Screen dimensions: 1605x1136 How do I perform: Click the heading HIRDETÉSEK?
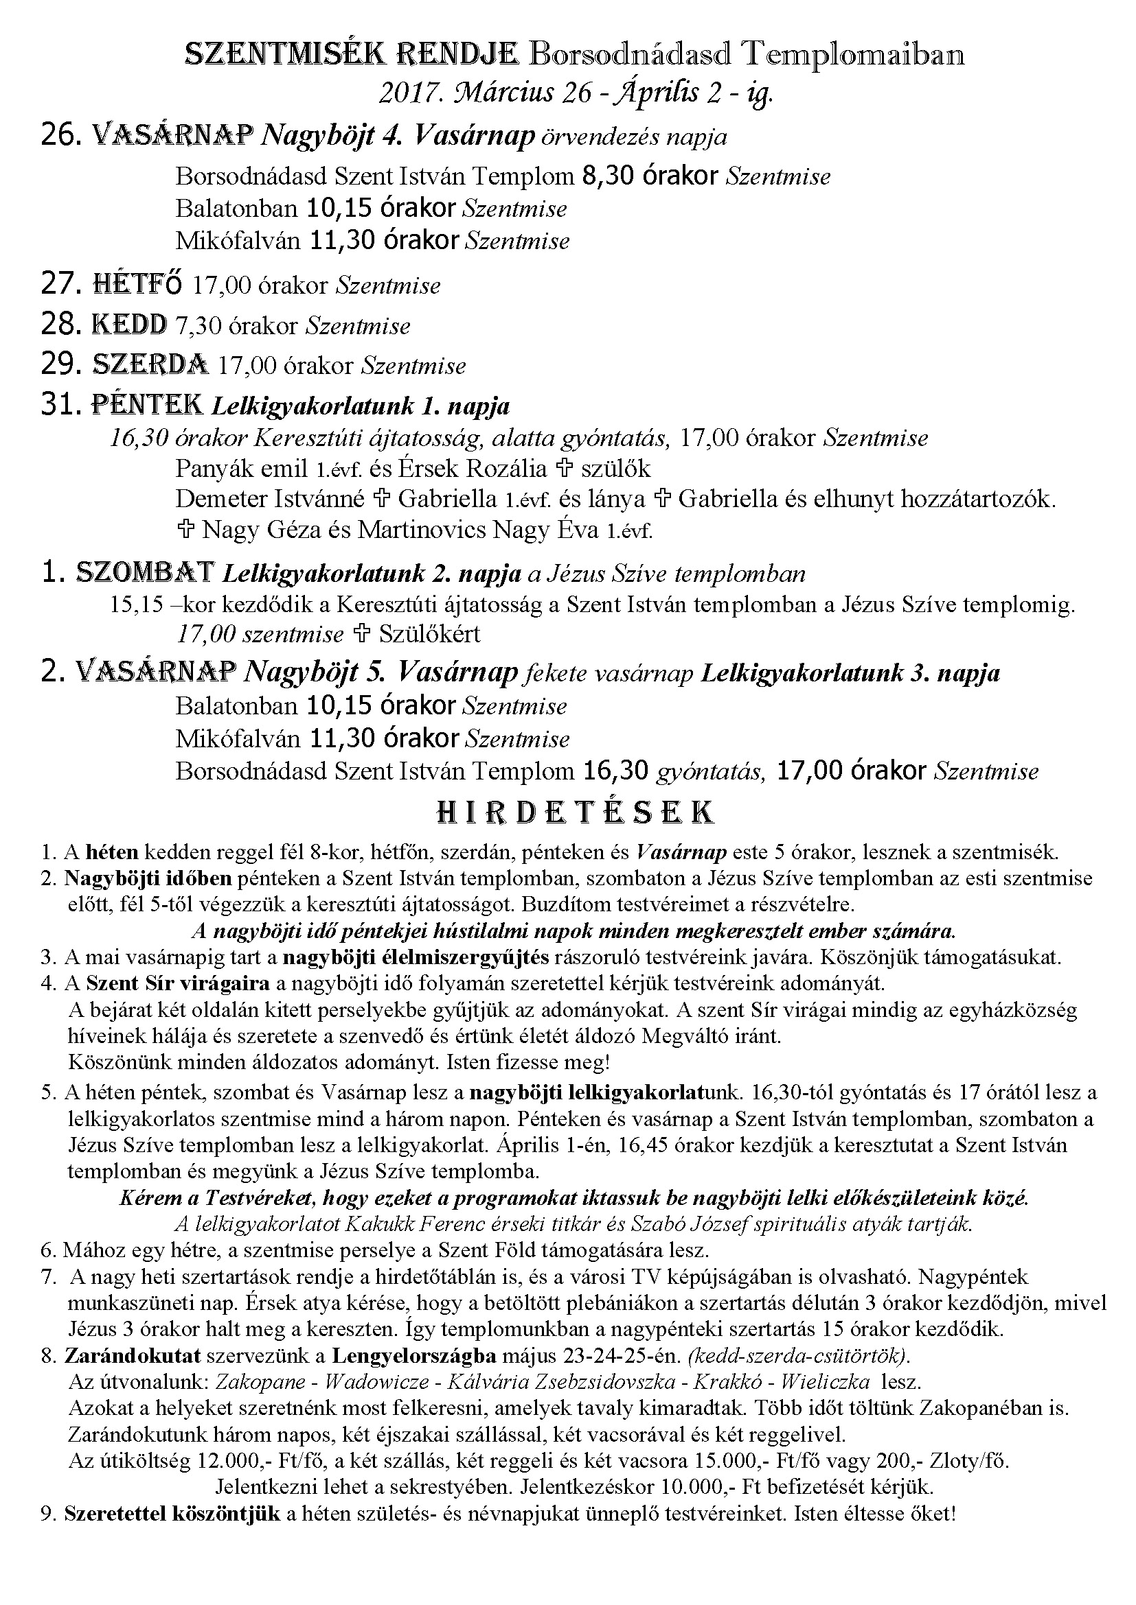coord(575,812)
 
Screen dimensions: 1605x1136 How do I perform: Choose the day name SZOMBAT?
coord(145,572)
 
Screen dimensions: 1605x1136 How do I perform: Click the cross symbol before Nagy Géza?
coord(186,530)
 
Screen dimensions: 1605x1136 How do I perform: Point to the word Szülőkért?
coord(429,634)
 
